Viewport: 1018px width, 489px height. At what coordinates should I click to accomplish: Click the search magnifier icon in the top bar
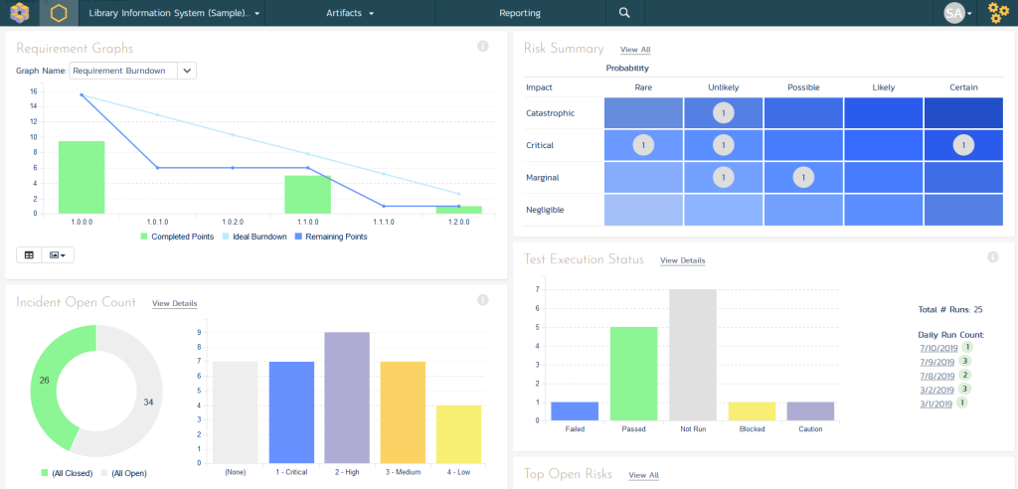[x=624, y=13]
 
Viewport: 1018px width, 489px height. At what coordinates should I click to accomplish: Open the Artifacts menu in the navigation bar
[x=349, y=13]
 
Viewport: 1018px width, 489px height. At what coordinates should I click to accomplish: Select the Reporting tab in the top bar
[x=520, y=13]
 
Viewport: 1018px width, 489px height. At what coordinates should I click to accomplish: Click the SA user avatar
[x=953, y=13]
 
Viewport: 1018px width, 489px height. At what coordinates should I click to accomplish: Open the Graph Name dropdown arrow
[x=188, y=71]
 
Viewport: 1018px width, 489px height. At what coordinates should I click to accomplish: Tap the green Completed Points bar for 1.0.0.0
[x=82, y=177]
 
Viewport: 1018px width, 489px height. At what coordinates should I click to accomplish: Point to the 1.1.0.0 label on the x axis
[x=306, y=222]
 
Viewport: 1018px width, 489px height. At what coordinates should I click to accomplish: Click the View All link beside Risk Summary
[x=634, y=49]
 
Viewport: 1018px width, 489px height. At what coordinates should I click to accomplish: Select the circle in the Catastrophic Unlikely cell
[x=723, y=112]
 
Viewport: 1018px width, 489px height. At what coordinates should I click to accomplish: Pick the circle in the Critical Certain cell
[x=962, y=145]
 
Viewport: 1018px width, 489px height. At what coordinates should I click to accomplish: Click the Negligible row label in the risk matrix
[x=545, y=210]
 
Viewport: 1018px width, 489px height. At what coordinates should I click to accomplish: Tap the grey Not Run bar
[x=693, y=355]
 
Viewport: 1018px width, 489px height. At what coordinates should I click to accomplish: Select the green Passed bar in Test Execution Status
[x=633, y=374]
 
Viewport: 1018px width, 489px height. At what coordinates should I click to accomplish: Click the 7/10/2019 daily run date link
[x=936, y=348]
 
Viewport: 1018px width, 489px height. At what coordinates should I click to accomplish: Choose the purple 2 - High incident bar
[x=347, y=398]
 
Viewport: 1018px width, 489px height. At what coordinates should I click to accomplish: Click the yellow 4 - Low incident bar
[x=458, y=433]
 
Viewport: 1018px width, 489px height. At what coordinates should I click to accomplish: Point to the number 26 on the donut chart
[x=45, y=379]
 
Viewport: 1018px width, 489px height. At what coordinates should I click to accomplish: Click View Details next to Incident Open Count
[x=174, y=303]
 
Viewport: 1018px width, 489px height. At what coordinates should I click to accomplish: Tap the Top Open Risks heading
[x=568, y=474]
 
